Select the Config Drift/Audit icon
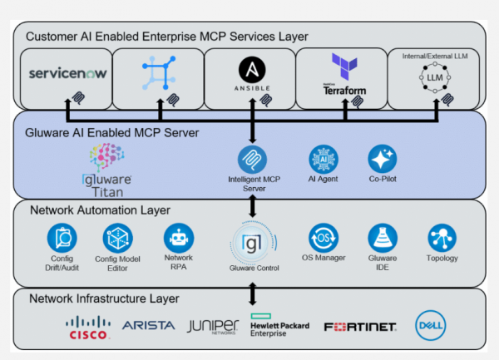[62, 239]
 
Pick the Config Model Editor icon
[117, 239]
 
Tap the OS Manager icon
[324, 238]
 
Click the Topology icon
[442, 239]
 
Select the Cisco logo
[86, 328]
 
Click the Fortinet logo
[359, 328]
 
